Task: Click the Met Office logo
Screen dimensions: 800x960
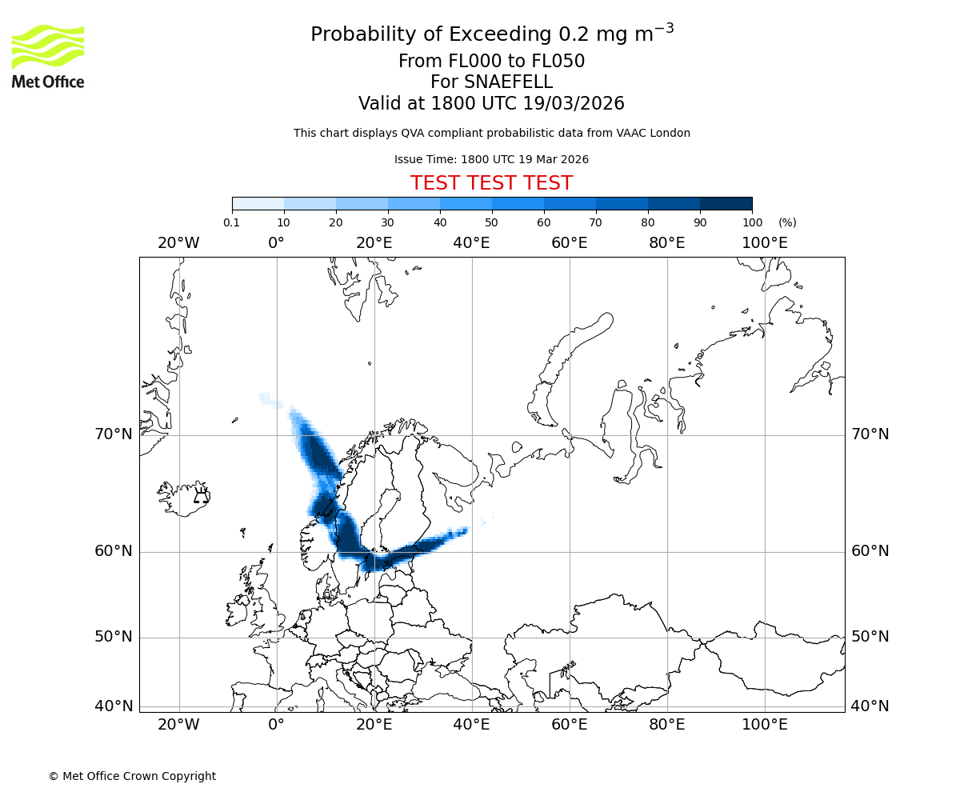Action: pyautogui.click(x=48, y=56)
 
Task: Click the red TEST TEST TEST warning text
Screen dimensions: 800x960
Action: pyautogui.click(x=491, y=183)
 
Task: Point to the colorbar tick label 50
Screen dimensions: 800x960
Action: pyautogui.click(x=491, y=222)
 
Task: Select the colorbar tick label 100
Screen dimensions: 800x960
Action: pyautogui.click(x=752, y=222)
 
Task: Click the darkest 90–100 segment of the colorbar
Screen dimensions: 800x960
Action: pyautogui.click(x=726, y=203)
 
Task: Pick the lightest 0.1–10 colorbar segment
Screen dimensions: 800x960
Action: pyautogui.click(x=258, y=203)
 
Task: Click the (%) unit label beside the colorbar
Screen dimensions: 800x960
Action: pyautogui.click(x=787, y=222)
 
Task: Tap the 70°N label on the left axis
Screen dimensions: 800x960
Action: pyautogui.click(x=113, y=434)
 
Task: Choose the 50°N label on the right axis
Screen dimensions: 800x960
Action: pyautogui.click(x=870, y=637)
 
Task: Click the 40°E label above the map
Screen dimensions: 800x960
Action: pyautogui.click(x=471, y=242)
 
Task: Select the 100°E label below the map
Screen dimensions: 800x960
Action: pyautogui.click(x=765, y=725)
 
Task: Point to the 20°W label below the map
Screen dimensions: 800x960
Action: pyautogui.click(x=178, y=725)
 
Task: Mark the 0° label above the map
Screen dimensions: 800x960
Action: pyautogui.click(x=276, y=242)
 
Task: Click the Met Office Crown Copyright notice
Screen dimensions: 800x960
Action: pyautogui.click(x=132, y=776)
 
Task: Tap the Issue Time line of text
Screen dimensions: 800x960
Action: pyautogui.click(x=491, y=159)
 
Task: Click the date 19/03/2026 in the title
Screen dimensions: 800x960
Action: pyautogui.click(x=574, y=103)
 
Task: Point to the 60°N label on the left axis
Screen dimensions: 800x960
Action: pyautogui.click(x=113, y=551)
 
